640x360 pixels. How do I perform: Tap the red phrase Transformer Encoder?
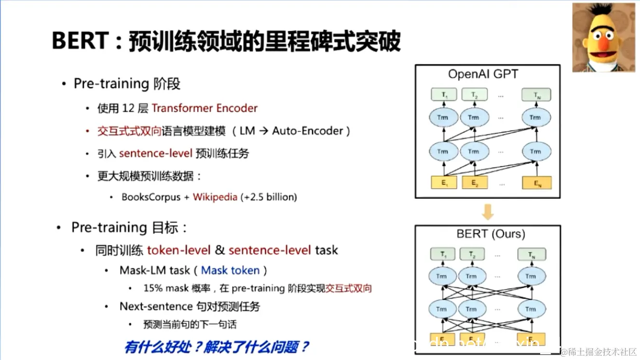(x=204, y=108)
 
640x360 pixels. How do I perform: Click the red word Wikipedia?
(x=215, y=197)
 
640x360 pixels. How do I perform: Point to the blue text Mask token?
(x=231, y=270)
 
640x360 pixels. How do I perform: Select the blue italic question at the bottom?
(x=217, y=346)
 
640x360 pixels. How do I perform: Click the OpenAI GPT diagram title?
(x=483, y=74)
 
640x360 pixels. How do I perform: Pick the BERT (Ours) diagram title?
(x=491, y=234)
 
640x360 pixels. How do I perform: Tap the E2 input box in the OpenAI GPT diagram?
(x=475, y=183)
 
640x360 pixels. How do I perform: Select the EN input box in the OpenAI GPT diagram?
(x=536, y=183)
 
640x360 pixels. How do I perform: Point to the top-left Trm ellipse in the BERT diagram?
(x=441, y=277)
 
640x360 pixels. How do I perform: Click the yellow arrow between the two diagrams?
(x=488, y=211)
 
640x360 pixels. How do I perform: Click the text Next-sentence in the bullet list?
(x=155, y=306)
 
